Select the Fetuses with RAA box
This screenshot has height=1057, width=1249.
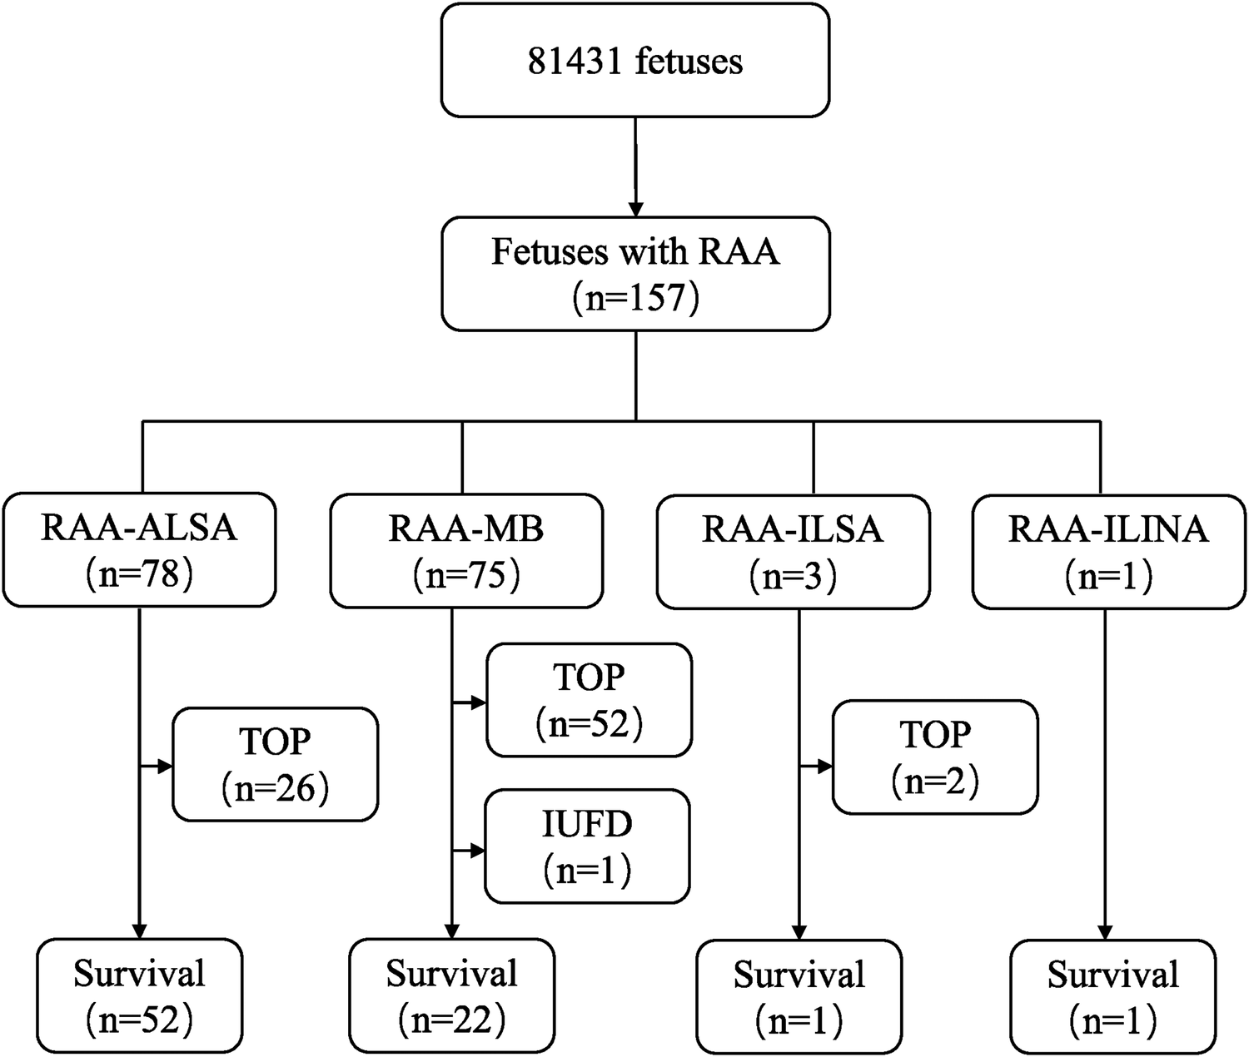(x=635, y=274)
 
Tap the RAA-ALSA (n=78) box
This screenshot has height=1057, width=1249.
(x=139, y=550)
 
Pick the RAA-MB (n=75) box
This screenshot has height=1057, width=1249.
(x=466, y=550)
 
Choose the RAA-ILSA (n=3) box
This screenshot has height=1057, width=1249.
(x=793, y=550)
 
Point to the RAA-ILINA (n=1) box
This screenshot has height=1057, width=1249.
(x=1108, y=550)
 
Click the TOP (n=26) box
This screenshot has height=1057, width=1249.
(x=276, y=764)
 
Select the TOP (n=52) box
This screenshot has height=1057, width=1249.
(x=590, y=700)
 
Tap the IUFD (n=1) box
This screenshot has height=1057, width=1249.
(x=588, y=846)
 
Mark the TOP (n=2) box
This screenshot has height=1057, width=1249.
(x=935, y=757)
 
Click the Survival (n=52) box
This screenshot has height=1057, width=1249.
(x=139, y=995)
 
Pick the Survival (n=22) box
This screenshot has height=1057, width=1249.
(x=451, y=995)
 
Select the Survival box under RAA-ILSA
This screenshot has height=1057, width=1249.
(x=799, y=996)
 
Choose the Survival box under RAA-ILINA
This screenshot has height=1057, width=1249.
(x=1112, y=996)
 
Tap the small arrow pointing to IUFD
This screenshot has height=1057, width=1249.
(x=475, y=851)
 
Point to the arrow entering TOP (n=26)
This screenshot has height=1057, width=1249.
(x=163, y=765)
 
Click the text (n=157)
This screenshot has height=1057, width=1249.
(x=635, y=297)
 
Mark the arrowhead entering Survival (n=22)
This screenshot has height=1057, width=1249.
(x=451, y=930)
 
